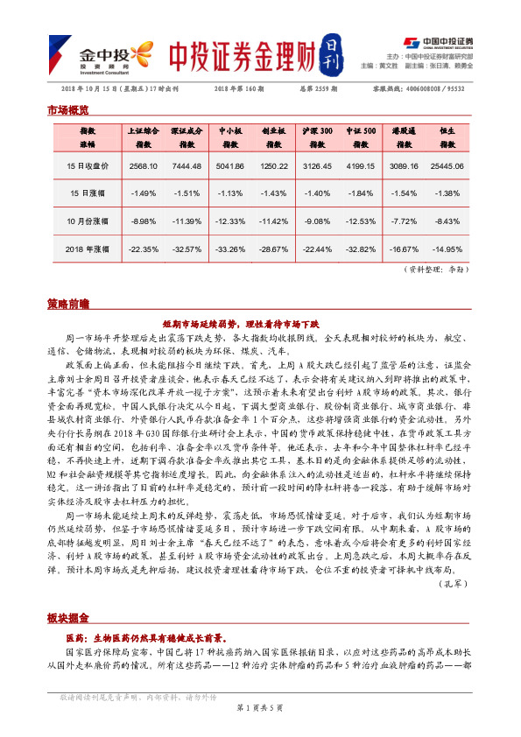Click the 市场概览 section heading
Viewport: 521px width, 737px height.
coord(67,110)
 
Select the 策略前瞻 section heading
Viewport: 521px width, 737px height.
coord(67,304)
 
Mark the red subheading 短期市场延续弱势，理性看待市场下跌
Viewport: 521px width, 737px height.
coord(260,323)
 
